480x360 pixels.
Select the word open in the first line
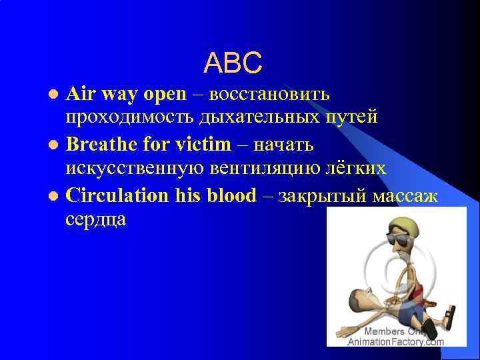[165, 95]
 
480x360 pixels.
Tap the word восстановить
[269, 94]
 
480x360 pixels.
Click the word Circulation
[118, 195]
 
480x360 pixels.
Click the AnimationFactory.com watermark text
[395, 342]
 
